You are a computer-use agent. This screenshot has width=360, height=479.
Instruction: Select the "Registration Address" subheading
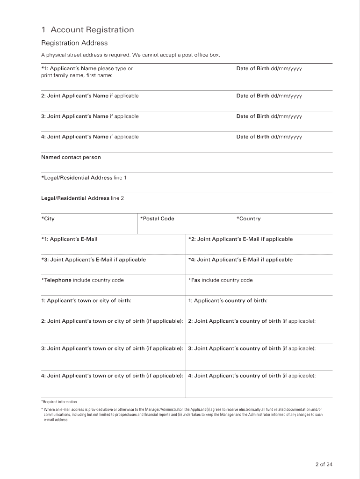coord(74,43)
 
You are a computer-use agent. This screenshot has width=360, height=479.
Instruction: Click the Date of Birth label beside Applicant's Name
coord(269,69)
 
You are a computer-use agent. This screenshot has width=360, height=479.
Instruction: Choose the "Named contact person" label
coord(71,157)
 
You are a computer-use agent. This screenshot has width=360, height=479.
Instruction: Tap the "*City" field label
coord(48,219)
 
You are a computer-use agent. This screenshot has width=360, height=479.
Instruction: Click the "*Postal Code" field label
coord(157,219)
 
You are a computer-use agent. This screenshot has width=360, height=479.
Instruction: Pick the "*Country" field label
coord(248,219)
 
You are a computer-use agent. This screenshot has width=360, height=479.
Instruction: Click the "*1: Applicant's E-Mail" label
coord(69,239)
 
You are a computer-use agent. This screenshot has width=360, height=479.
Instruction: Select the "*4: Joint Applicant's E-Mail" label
coord(240,260)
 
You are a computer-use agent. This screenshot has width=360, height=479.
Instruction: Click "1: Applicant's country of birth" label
coord(228,301)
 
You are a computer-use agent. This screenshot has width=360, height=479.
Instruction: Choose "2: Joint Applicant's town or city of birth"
coord(112,321)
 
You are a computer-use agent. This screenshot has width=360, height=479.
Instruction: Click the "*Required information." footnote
coord(59,402)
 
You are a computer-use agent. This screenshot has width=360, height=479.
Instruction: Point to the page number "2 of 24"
coord(324,464)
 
